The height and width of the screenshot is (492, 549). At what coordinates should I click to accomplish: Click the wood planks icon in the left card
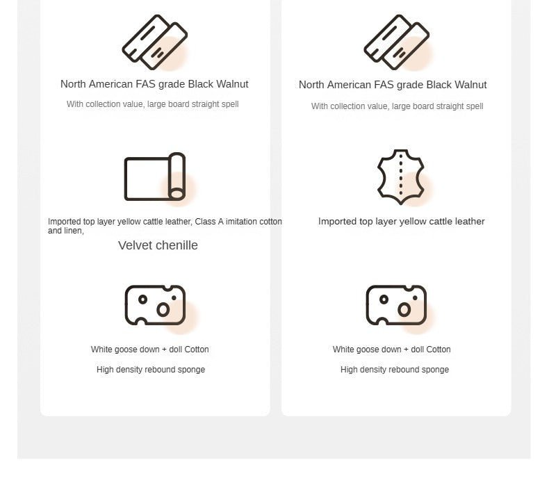[155, 42]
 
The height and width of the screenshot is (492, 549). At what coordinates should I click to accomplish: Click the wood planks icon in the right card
[397, 42]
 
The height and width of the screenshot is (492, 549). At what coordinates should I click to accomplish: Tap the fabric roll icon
[155, 177]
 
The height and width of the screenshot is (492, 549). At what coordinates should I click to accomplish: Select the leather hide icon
[401, 177]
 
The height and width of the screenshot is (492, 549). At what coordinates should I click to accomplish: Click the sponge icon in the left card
[155, 305]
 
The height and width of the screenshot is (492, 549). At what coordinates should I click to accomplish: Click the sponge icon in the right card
[396, 305]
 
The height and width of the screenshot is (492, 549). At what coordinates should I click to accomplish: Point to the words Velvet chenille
[158, 245]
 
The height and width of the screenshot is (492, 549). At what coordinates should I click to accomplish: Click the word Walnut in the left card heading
[232, 84]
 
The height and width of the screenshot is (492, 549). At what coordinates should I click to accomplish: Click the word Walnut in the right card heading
[470, 85]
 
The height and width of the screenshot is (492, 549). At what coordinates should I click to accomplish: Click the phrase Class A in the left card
[209, 222]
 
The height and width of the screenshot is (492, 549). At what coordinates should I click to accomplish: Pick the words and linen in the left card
[66, 231]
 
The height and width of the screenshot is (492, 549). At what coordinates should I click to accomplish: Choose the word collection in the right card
[348, 106]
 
